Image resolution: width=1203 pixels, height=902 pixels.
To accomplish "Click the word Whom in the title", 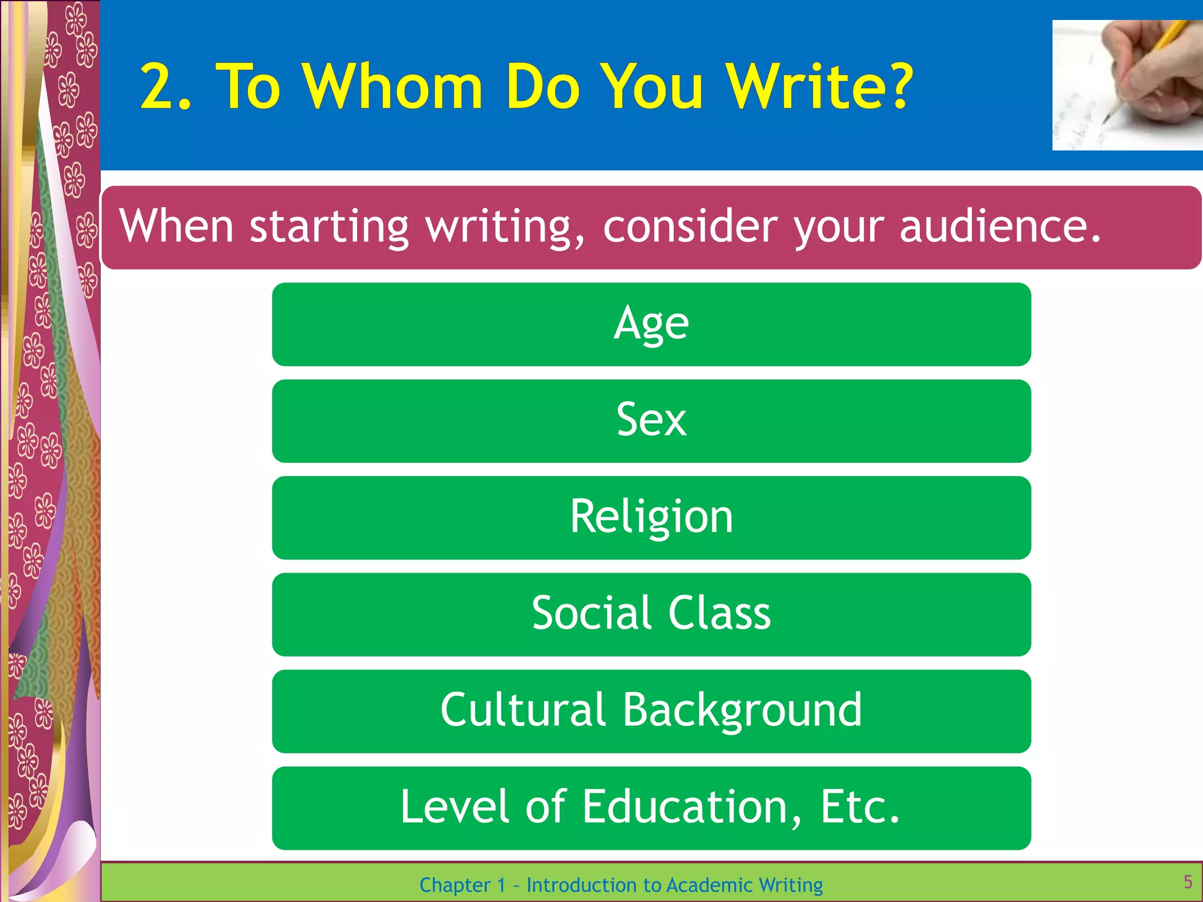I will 392,87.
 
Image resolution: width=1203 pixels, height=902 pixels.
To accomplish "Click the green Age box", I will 651,324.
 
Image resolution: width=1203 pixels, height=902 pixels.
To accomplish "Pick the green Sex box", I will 651,420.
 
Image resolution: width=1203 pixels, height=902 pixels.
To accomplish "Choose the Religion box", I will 651,517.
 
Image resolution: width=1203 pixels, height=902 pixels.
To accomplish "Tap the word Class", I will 720,613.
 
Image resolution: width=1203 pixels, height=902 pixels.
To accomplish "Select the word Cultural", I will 523,710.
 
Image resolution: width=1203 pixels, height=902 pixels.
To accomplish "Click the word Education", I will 684,807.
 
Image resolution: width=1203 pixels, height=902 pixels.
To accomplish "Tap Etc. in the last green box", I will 859,807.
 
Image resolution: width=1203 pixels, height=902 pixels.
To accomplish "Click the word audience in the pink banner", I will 1000,226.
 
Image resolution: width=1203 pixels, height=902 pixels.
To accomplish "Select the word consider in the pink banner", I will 691,226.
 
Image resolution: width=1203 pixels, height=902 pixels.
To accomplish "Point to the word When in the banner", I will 177,226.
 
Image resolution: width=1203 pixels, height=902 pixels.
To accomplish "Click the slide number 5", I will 1188,881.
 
